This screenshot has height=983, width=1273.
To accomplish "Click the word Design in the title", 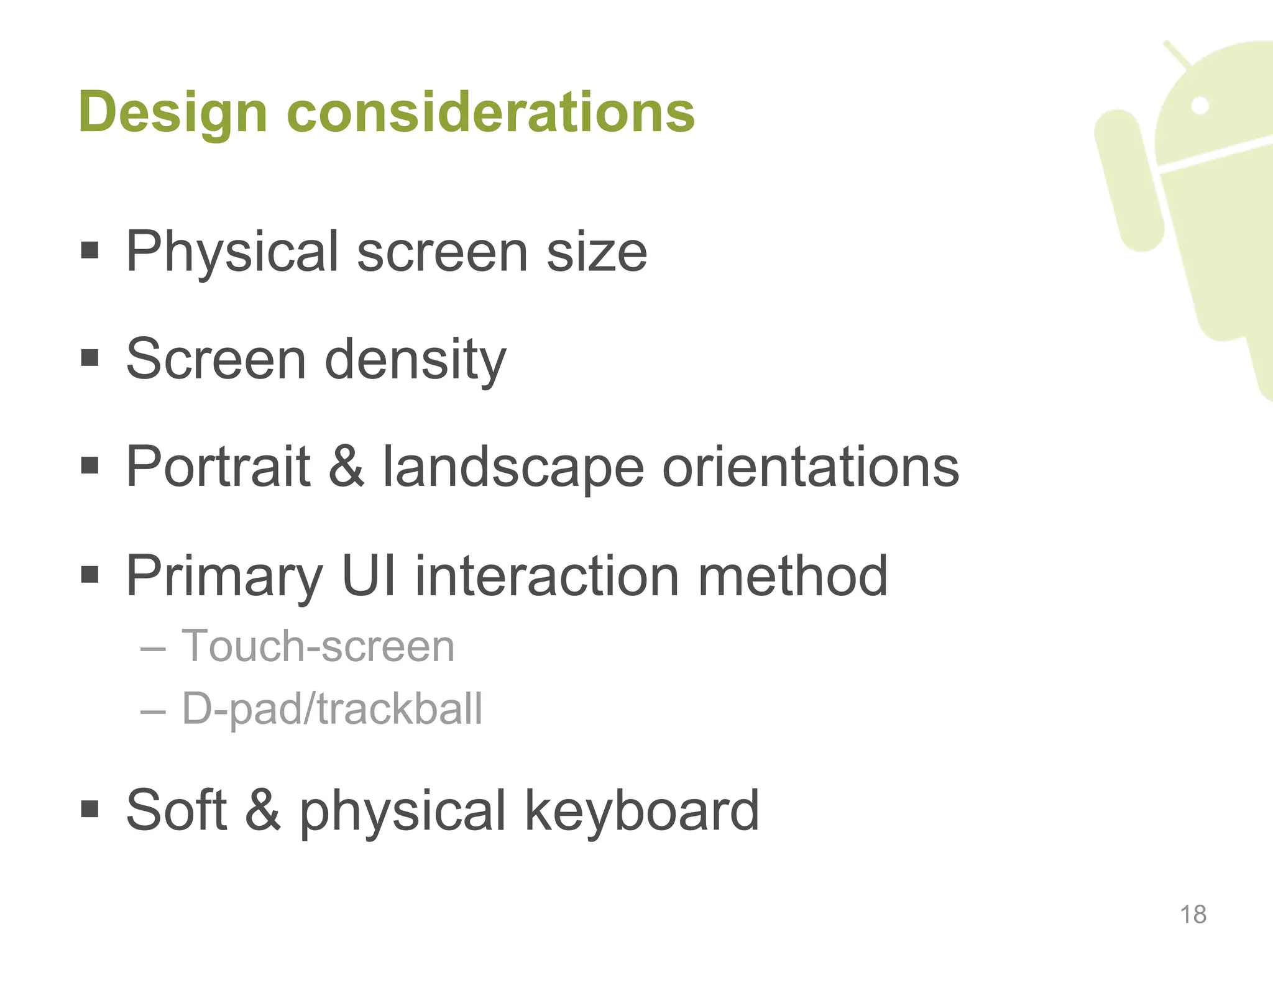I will click(x=173, y=113).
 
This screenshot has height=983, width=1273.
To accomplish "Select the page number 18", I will click(x=1193, y=915).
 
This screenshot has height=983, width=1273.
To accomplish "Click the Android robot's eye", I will click(x=1200, y=106).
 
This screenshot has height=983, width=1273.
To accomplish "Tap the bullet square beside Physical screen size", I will click(x=90, y=250).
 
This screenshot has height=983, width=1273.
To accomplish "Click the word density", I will click(x=415, y=359).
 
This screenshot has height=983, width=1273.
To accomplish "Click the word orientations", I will click(x=811, y=467).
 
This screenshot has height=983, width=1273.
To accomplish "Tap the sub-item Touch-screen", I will click(x=318, y=646).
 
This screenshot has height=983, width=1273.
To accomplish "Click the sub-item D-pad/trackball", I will click(x=332, y=708).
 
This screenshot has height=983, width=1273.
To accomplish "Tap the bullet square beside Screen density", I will click(x=90, y=358).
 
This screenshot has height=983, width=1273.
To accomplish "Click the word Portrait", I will click(x=218, y=467).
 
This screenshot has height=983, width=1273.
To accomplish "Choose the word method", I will click(x=793, y=576).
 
